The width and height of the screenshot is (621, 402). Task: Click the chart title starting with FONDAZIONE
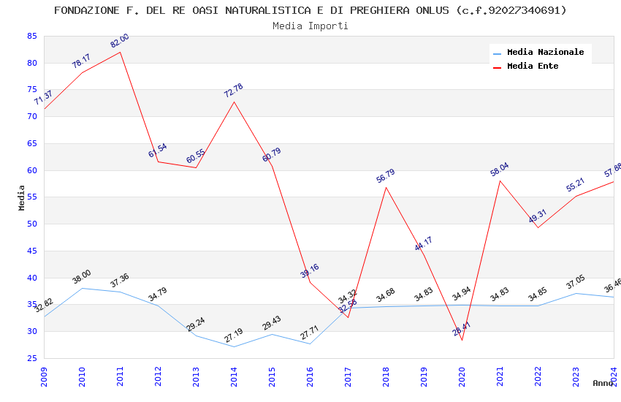[x=310, y=10]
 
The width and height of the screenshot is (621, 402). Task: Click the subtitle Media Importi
[x=310, y=26]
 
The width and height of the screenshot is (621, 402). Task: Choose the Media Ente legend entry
[x=533, y=66]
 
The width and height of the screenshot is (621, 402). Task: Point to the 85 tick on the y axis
[x=31, y=36]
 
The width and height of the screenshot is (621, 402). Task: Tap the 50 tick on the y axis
[x=31, y=224]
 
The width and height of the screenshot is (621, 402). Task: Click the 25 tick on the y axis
[x=31, y=358]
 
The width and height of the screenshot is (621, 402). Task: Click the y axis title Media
[x=22, y=197]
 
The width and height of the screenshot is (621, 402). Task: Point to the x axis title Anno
[x=603, y=383]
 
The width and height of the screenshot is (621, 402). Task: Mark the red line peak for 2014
[x=234, y=101]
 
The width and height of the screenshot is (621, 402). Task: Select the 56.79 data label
[x=386, y=176]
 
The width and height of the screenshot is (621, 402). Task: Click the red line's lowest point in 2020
[x=462, y=340]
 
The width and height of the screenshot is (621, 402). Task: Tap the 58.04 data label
[x=500, y=170]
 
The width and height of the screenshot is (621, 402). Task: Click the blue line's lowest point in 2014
[x=234, y=346]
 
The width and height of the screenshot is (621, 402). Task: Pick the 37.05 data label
[x=576, y=283]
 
